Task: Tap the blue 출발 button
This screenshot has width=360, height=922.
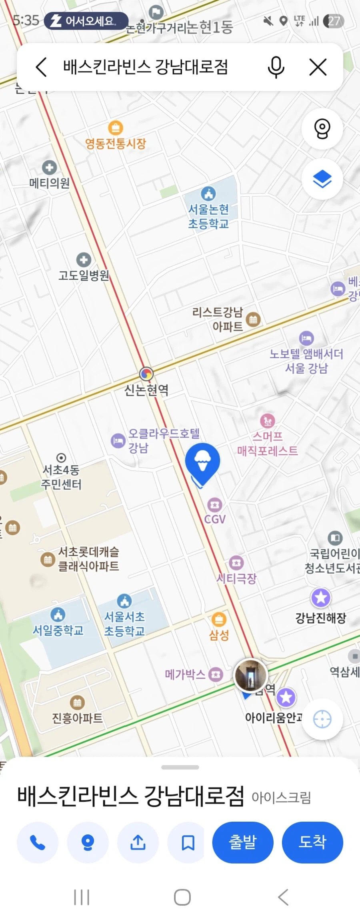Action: (242, 842)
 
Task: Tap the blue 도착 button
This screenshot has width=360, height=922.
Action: (312, 842)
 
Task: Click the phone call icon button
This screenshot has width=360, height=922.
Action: (38, 842)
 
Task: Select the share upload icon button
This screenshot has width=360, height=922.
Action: (138, 842)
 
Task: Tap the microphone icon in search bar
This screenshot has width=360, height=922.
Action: (276, 67)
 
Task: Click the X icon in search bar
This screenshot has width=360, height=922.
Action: (318, 67)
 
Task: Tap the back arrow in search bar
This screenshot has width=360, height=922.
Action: (42, 67)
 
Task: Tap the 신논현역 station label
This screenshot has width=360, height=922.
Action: (146, 389)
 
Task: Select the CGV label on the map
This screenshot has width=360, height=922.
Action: (215, 519)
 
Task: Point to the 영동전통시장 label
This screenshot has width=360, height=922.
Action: (116, 143)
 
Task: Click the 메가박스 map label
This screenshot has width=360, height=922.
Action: (185, 675)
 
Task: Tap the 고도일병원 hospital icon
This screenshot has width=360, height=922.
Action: (84, 260)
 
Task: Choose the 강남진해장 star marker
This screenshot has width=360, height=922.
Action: (321, 598)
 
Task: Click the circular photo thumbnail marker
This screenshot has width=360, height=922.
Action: (250, 675)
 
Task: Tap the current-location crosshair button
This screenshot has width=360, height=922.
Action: (322, 719)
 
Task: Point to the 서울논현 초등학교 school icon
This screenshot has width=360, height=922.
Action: (208, 194)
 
